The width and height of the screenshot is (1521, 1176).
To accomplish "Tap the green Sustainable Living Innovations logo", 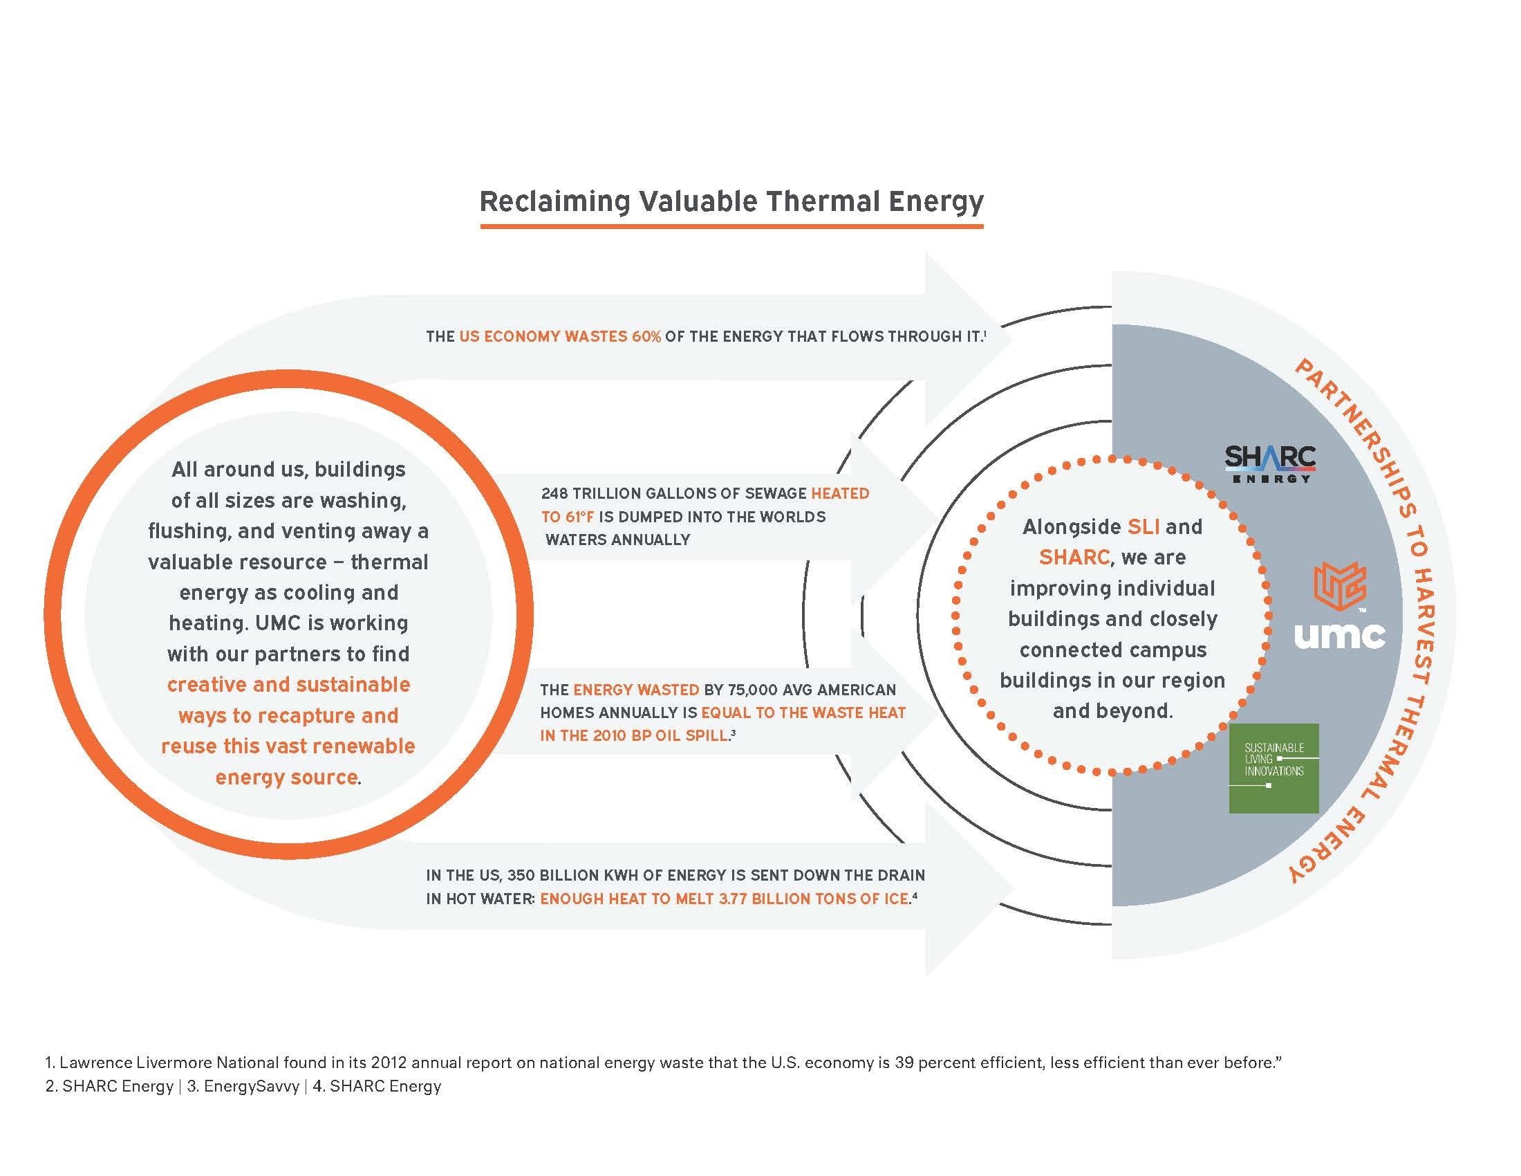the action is [1273, 769].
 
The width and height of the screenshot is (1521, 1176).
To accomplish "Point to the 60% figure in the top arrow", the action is [646, 336].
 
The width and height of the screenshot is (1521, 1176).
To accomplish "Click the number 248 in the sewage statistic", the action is [554, 493].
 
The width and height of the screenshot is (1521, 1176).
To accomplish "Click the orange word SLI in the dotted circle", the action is [1144, 526].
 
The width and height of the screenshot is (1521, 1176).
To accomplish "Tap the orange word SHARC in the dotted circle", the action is [1074, 558].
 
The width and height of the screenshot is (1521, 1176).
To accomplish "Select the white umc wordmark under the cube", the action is [1339, 634].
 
